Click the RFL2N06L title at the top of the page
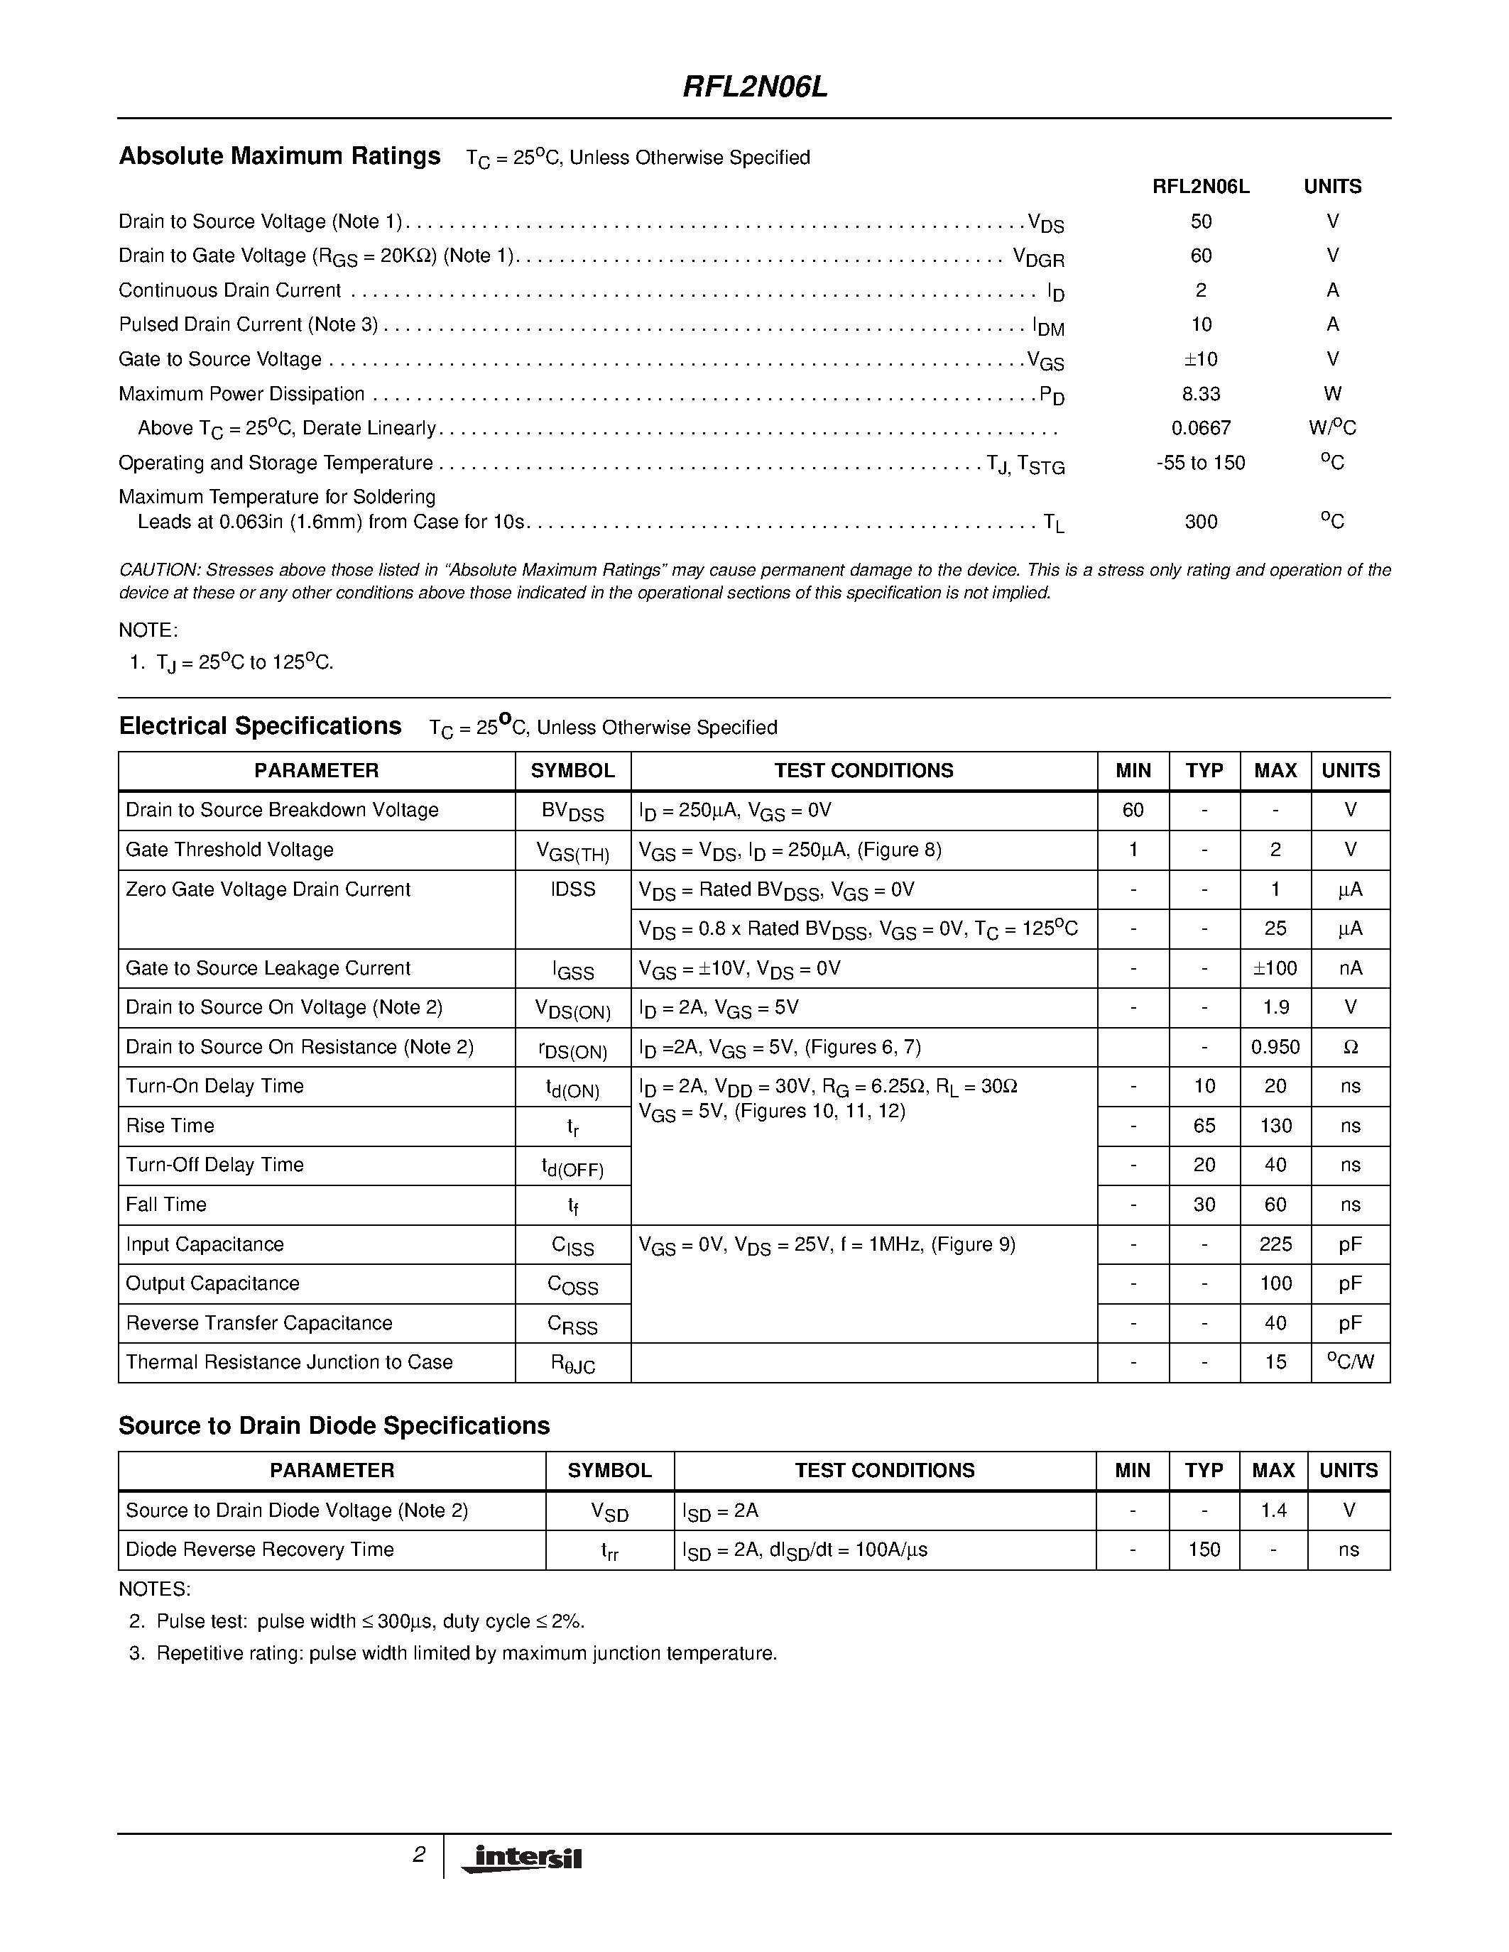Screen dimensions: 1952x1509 tap(756, 87)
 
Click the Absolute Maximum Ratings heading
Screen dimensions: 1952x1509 tap(279, 156)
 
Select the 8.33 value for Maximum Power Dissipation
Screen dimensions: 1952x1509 tap(1201, 394)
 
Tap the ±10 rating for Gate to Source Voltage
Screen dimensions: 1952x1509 tap(1201, 359)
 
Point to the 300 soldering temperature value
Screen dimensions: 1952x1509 tap(1201, 522)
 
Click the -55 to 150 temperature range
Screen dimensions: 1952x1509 tap(1201, 463)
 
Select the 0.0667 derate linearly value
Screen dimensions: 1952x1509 tap(1201, 428)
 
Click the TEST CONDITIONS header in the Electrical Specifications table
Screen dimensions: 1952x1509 tap(863, 770)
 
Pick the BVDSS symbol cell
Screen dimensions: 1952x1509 tap(572, 811)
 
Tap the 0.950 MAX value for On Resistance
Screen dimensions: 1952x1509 tap(1275, 1048)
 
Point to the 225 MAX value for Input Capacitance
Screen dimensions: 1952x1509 tap(1275, 1244)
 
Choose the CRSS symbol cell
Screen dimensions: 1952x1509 tap(572, 1325)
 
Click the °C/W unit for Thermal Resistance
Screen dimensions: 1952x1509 tap(1350, 1362)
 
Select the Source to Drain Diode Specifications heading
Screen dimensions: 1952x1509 tap(334, 1425)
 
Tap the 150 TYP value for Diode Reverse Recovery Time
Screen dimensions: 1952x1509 tap(1204, 1550)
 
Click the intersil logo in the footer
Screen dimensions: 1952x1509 tap(521, 1858)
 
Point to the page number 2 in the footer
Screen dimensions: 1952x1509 tap(418, 1855)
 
